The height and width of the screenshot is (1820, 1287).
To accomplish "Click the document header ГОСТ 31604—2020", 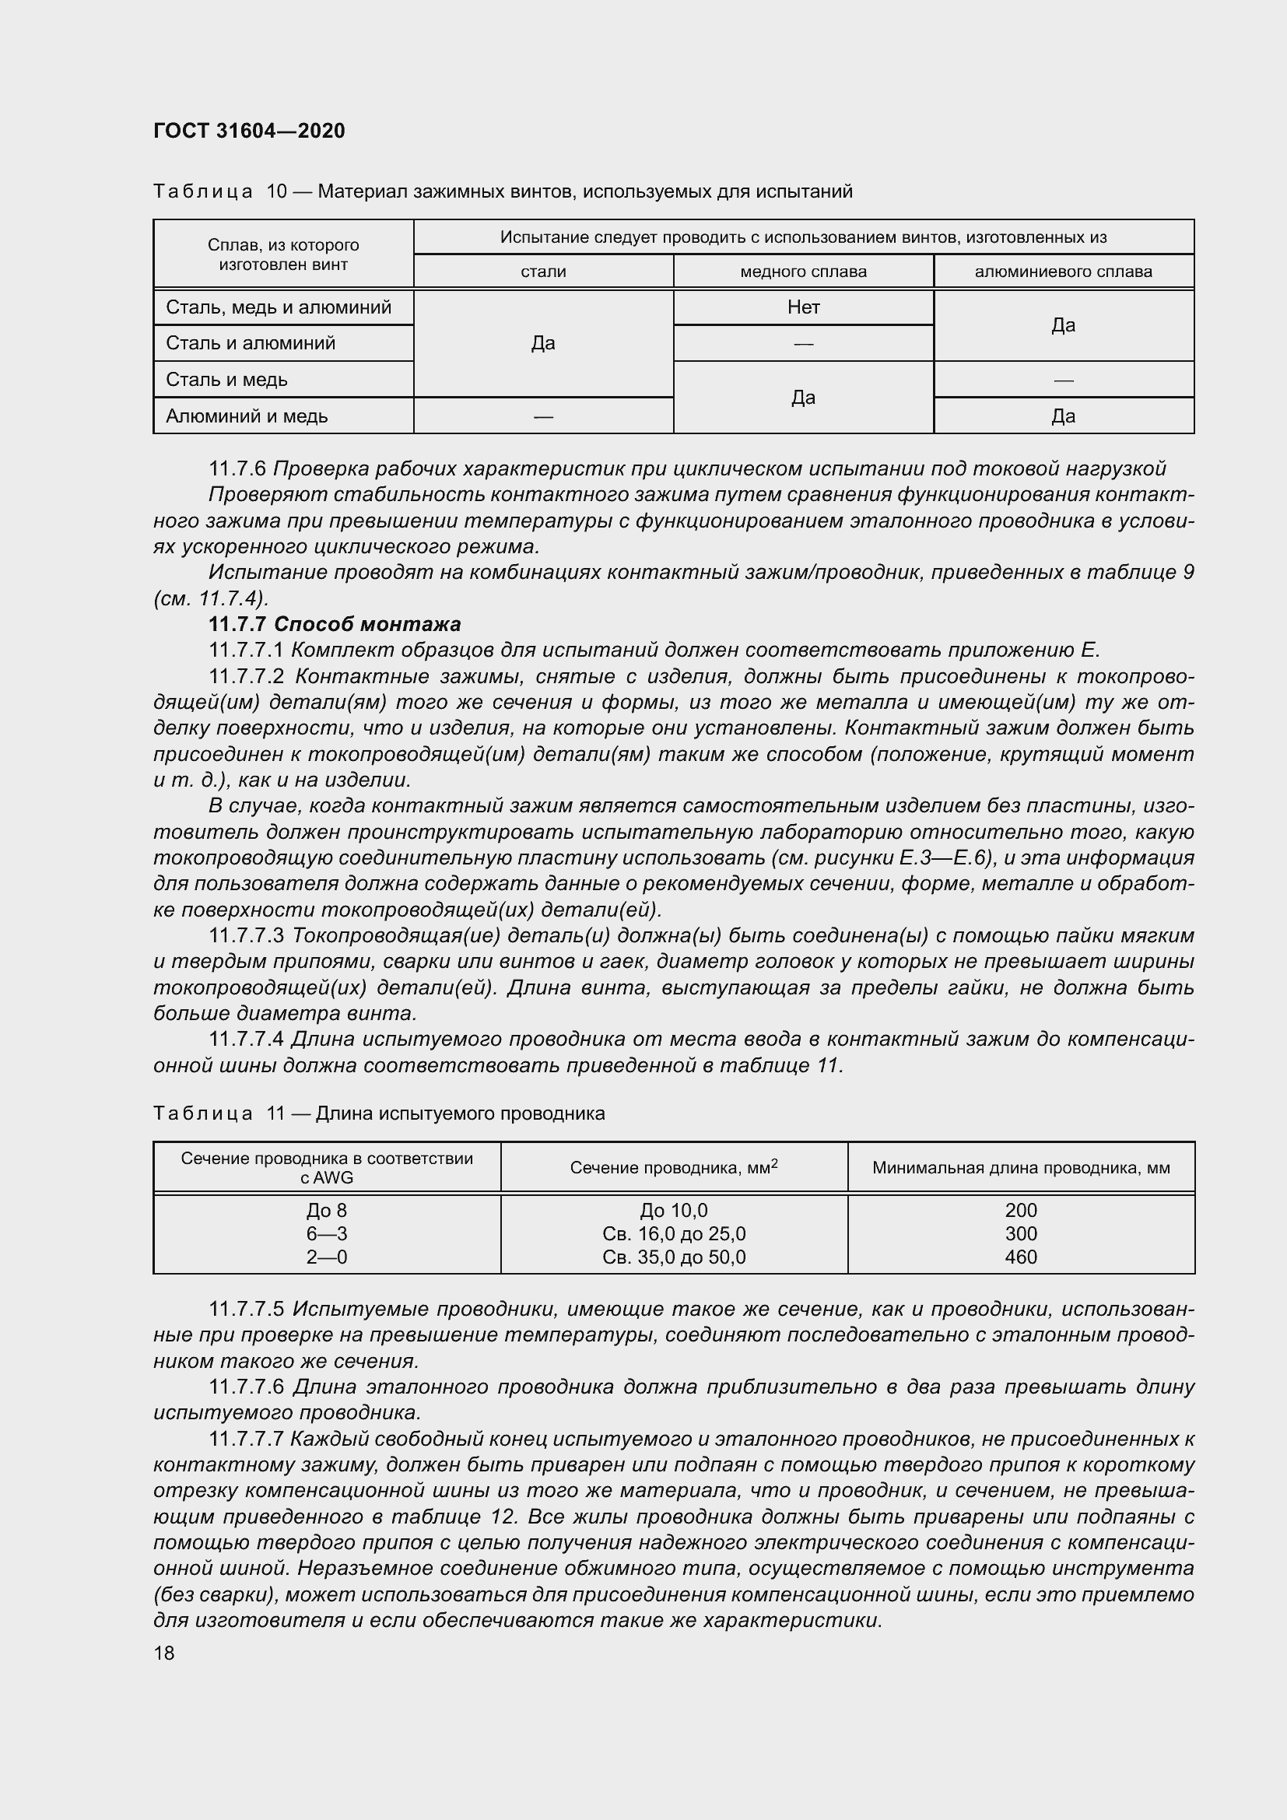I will click(x=249, y=131).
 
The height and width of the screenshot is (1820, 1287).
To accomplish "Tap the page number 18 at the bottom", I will click(x=164, y=1652).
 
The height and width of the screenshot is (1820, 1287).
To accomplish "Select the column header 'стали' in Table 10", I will click(x=543, y=272).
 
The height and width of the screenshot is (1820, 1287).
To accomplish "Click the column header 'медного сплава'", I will click(x=803, y=272).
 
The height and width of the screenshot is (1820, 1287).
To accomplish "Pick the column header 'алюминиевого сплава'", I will click(x=1063, y=272).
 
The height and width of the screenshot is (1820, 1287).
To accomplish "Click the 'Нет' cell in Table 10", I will click(x=803, y=307).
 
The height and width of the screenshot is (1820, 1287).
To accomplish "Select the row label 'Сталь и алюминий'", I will click(x=251, y=343).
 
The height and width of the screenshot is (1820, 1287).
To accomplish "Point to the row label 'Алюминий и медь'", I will click(x=247, y=416).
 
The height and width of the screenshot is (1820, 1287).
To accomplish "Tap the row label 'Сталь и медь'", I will click(x=226, y=380).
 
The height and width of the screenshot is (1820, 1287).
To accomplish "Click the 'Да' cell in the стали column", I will click(x=543, y=343).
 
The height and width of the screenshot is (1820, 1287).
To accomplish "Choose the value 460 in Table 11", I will click(x=1020, y=1257).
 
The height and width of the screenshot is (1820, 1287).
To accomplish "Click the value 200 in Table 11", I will click(x=1020, y=1211).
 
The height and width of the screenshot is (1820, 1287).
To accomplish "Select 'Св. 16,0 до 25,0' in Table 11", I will click(x=674, y=1234).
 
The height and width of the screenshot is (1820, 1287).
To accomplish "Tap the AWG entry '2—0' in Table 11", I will click(x=327, y=1257).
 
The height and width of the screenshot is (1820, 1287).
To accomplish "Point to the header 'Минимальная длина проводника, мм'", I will click(x=1021, y=1168).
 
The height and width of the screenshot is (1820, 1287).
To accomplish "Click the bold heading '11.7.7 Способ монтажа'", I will click(x=335, y=625).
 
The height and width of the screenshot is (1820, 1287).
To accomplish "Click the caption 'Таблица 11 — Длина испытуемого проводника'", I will click(x=379, y=1113).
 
